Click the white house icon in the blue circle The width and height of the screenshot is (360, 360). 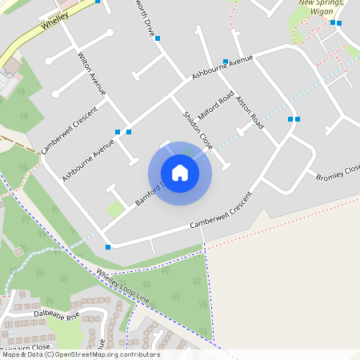pyautogui.click(x=180, y=172)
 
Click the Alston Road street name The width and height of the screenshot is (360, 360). pyautogui.click(x=250, y=110)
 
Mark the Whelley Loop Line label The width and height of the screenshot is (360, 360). pyautogui.click(x=123, y=286)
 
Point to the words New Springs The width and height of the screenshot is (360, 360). pyautogui.click(x=322, y=2)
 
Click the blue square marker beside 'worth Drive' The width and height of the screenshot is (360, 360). pyautogui.click(x=158, y=38)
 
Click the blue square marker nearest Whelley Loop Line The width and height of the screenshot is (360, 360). pyautogui.click(x=108, y=247)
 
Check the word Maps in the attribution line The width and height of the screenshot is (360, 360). pyautogui.click(x=11, y=354)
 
